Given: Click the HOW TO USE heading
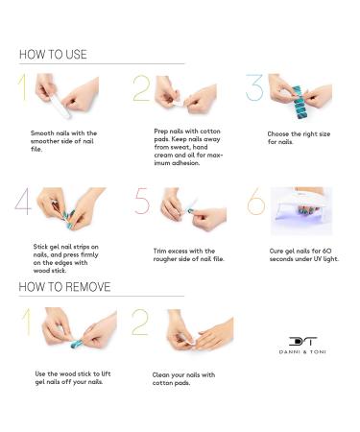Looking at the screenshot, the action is point(53,55).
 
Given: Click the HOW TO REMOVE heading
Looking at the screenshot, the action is point(64,287).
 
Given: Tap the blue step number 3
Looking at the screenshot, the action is point(254,87).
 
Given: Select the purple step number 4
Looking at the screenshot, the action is point(23,202).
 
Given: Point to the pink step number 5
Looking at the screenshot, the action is point(142,201).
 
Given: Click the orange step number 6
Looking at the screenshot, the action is point(256,202).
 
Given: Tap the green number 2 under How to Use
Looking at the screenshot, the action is point(141,88).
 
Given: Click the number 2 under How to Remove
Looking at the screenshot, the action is point(140,323).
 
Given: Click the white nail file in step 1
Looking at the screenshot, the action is point(60,106).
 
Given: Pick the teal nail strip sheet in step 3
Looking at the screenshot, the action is point(299,103).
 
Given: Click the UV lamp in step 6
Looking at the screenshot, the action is point(301,211).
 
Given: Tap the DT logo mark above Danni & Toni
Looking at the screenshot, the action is point(302,342).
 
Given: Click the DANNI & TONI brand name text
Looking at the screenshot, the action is point(302,352).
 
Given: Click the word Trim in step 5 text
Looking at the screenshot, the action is point(159,251).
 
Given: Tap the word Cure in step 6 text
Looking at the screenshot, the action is point(276,251).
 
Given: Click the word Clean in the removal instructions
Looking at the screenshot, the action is point(160,374).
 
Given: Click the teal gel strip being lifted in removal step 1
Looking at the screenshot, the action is point(77,345).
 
